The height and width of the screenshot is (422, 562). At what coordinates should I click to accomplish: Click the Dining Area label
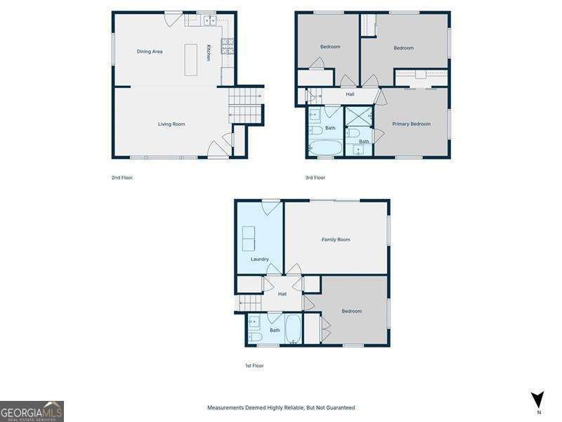tap(150, 51)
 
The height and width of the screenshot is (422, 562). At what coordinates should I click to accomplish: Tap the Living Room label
tap(171, 124)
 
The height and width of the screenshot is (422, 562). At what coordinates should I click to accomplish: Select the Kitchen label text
tap(208, 53)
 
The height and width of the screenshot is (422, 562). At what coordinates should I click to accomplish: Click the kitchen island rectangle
tap(190, 60)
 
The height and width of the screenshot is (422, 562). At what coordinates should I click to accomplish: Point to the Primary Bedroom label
tap(411, 124)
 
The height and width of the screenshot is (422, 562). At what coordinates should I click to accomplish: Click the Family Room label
tap(336, 239)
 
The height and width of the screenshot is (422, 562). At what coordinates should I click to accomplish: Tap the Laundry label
tap(259, 259)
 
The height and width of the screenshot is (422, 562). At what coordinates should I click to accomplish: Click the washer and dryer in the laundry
tap(249, 238)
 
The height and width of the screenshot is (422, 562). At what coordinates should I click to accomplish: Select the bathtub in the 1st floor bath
tap(293, 328)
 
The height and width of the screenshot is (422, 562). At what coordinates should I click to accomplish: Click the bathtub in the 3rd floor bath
tap(325, 148)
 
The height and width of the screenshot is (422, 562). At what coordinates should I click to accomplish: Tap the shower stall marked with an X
tap(359, 116)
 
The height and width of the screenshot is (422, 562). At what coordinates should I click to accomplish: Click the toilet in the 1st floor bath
tap(255, 337)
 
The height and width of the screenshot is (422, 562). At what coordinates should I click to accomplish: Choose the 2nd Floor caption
tap(122, 178)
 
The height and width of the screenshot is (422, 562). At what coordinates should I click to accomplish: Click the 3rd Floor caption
tap(315, 178)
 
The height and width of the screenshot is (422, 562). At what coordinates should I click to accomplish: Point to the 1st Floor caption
tap(254, 366)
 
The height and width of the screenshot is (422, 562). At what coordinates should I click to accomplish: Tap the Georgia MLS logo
tap(32, 411)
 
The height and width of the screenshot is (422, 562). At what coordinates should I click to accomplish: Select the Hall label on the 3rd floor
tap(350, 94)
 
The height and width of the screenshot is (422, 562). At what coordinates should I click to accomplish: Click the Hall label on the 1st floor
tap(282, 294)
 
